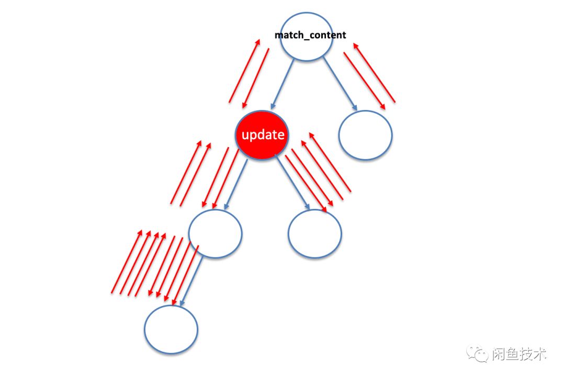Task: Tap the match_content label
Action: pyautogui.click(x=310, y=35)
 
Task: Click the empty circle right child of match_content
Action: pyautogui.click(x=366, y=135)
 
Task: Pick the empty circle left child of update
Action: pyautogui.click(x=215, y=233)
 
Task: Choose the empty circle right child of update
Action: pyautogui.click(x=315, y=233)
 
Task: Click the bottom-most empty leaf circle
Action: pyautogui.click(x=171, y=329)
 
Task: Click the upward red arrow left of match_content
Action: pyautogui.click(x=244, y=71)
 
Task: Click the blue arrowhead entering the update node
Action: pyautogui.click(x=273, y=105)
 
